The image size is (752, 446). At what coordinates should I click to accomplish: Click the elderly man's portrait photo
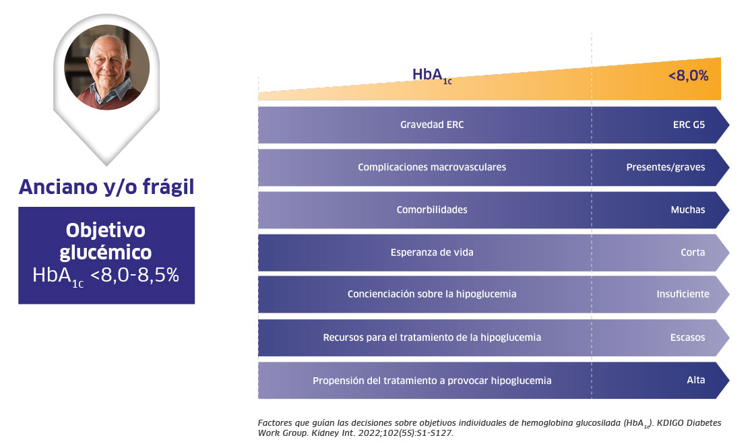[x=106, y=67]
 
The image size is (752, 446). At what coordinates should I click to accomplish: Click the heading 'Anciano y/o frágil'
[x=106, y=187]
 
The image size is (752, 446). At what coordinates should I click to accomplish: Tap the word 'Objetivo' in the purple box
[x=106, y=230]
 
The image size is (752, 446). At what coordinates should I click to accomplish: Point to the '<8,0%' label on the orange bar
[x=688, y=76]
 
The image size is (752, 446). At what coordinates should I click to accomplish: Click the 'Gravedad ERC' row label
[x=432, y=125]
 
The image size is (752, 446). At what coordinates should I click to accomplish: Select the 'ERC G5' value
[x=688, y=125]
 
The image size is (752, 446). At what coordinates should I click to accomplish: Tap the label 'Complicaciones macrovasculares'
[x=432, y=167]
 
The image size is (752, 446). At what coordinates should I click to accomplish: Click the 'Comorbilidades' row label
[x=432, y=210]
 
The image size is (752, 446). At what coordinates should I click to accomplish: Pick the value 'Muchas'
[x=688, y=210]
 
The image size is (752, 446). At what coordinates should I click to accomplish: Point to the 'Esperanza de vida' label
[x=432, y=253]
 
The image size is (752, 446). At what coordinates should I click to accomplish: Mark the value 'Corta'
[x=693, y=253]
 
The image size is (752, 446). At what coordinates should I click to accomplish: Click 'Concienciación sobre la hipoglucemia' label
[x=432, y=294]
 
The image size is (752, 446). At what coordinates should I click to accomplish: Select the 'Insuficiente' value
[x=683, y=294]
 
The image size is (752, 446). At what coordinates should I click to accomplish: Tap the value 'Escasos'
[x=688, y=337]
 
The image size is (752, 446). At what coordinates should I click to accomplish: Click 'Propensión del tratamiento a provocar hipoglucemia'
[x=432, y=381]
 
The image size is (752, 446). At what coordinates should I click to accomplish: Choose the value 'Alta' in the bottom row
[x=696, y=380]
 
